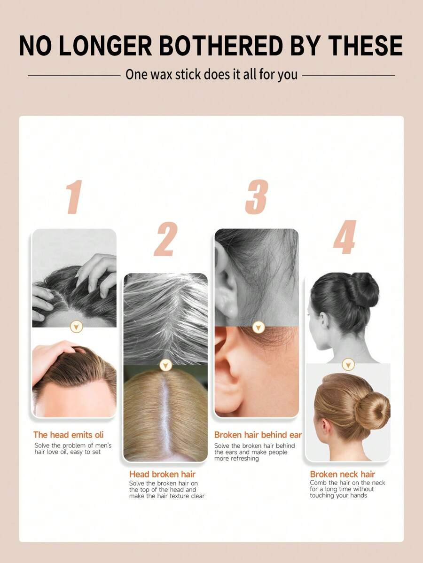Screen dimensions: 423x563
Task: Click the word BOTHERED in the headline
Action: [x=221, y=46]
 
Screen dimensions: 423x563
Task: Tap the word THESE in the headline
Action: [x=366, y=46]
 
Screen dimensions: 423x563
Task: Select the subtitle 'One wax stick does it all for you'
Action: [x=211, y=75]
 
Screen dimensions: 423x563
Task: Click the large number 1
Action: [x=74, y=197]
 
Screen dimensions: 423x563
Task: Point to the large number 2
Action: [x=166, y=239]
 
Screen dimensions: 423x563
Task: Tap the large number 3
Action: [x=257, y=197]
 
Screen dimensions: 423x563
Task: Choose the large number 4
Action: [x=345, y=237]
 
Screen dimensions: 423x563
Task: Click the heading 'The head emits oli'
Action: [x=68, y=435]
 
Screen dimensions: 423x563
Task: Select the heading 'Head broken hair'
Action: [x=162, y=474]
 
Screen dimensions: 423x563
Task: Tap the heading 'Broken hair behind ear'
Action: [x=258, y=435]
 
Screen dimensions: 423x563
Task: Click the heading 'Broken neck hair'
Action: [x=342, y=474]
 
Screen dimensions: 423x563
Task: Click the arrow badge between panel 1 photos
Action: [x=77, y=327]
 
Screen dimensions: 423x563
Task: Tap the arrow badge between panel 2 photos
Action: [x=165, y=365]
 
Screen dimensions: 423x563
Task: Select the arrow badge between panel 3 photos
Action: [x=258, y=327]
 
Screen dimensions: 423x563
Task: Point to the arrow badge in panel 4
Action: [x=348, y=364]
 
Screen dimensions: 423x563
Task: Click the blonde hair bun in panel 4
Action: [x=372, y=410]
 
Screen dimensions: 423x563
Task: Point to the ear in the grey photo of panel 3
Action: [x=226, y=284]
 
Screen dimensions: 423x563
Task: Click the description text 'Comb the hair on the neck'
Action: [x=347, y=483]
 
